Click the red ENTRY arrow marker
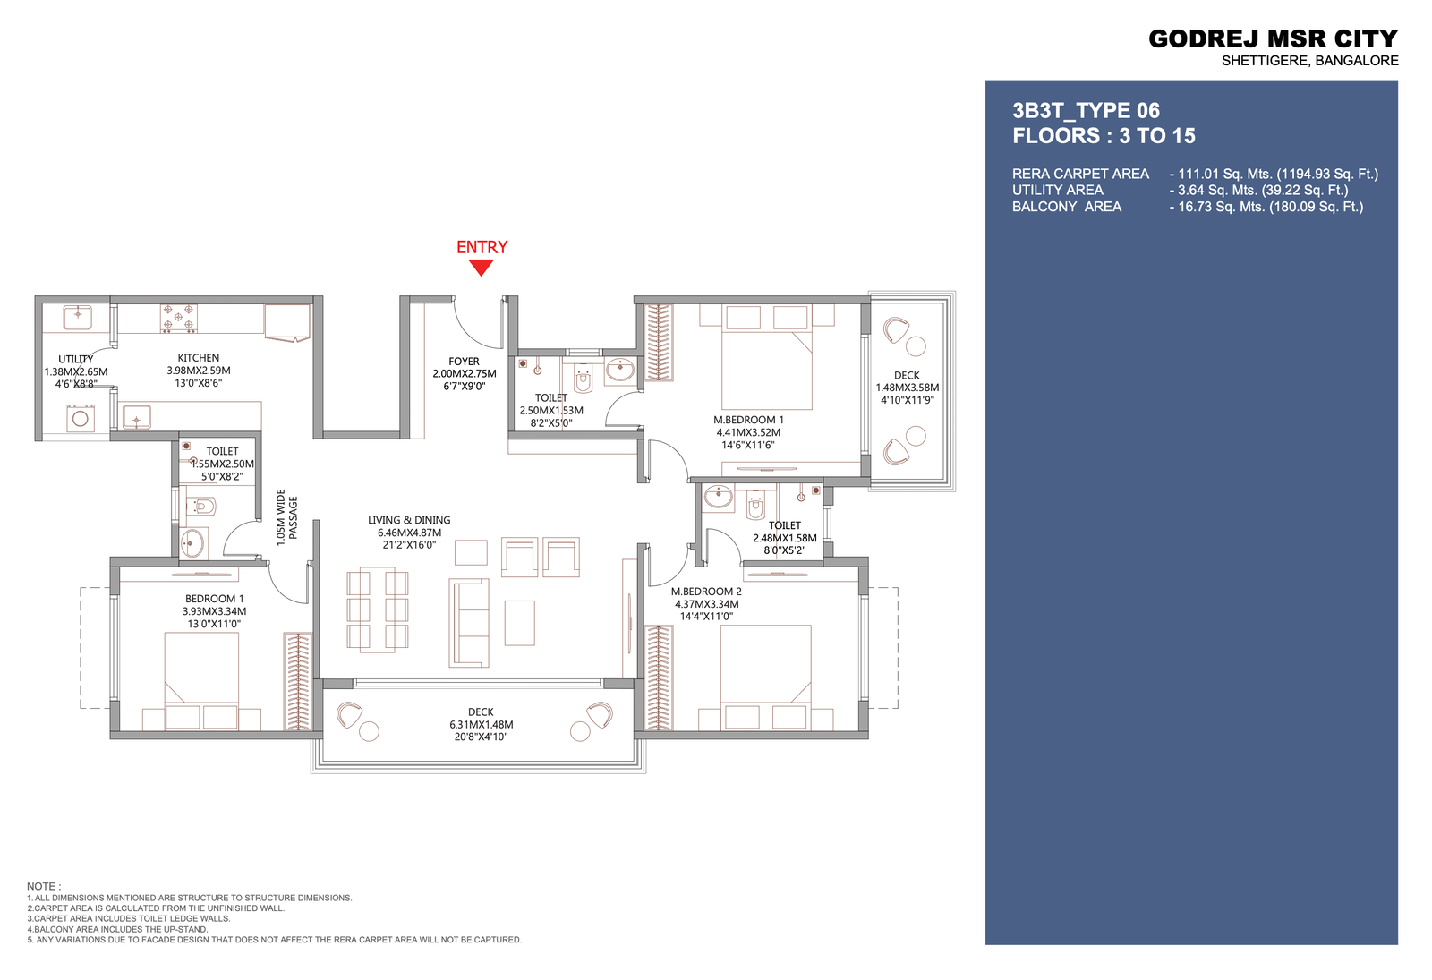[481, 268]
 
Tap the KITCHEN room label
[198, 358]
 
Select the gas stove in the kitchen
[178, 319]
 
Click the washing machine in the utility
[81, 418]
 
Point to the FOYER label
[464, 362]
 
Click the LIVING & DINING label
[409, 520]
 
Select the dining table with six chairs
[377, 609]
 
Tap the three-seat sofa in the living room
[469, 623]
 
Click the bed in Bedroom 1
[201, 681]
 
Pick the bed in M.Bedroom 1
[766, 357]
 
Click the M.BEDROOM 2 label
[706, 592]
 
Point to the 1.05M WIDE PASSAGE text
[286, 518]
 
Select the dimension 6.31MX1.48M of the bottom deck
[481, 724]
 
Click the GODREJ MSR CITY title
[1273, 39]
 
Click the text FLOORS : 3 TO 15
[1104, 135]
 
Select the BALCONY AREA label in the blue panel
[1066, 207]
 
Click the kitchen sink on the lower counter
[136, 417]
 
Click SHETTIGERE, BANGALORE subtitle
[1310, 61]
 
